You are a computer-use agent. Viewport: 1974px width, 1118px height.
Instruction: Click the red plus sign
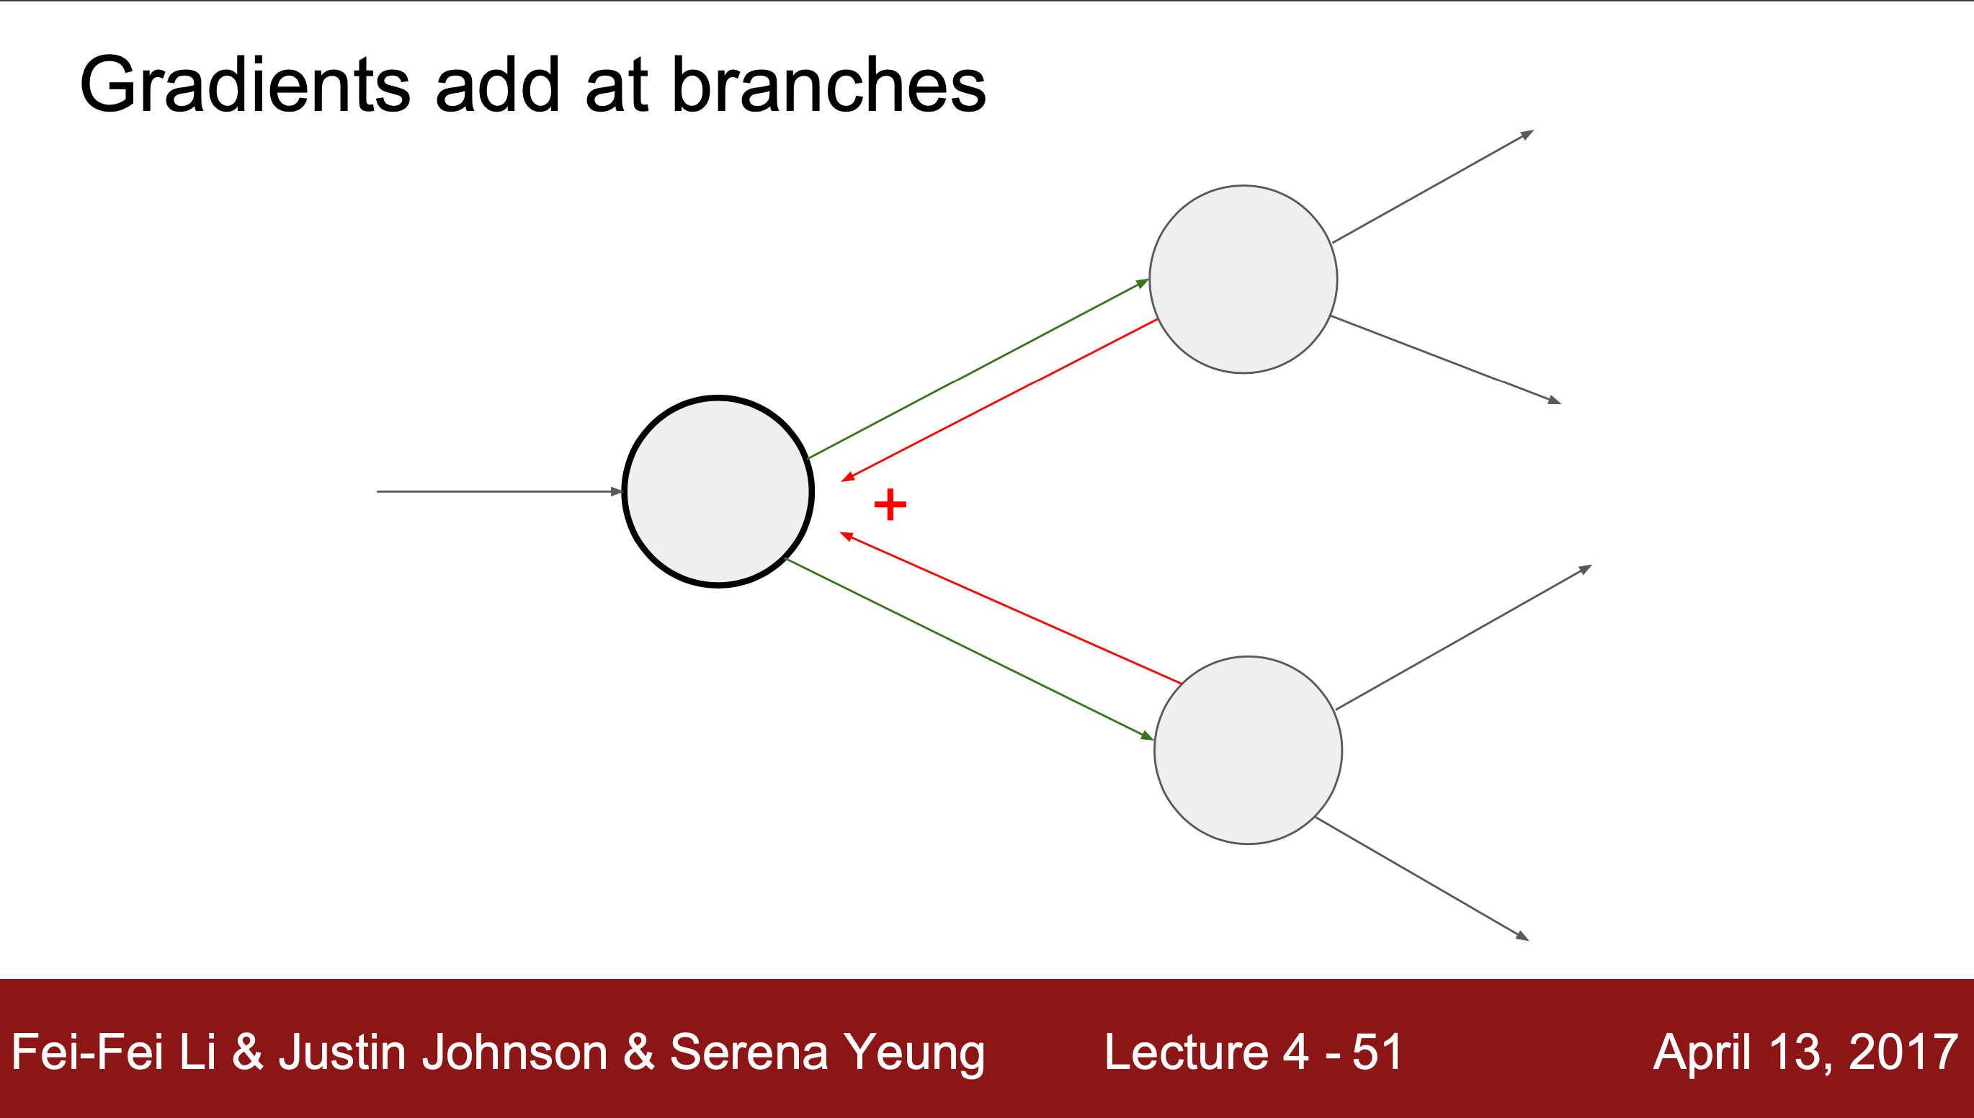point(890,504)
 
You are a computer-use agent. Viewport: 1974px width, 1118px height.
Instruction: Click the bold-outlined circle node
point(718,491)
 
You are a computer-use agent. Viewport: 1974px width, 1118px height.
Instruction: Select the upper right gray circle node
point(1243,279)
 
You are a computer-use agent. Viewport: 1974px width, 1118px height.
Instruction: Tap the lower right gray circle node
point(1248,750)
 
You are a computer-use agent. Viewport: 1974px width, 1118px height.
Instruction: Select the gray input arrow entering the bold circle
point(499,491)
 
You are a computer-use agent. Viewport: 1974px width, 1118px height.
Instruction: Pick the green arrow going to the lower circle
point(971,649)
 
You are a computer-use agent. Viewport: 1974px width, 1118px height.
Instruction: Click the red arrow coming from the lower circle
point(1011,608)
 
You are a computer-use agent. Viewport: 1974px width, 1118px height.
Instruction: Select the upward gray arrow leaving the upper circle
point(1433,187)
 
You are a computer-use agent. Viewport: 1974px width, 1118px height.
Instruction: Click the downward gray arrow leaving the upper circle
point(1445,359)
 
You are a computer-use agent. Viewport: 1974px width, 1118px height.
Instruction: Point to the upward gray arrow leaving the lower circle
point(1463,637)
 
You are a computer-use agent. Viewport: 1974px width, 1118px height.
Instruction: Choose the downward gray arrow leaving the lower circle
point(1421,878)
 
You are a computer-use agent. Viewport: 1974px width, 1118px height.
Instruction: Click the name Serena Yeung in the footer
point(827,1052)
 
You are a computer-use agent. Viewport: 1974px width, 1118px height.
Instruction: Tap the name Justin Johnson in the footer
point(443,1052)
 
